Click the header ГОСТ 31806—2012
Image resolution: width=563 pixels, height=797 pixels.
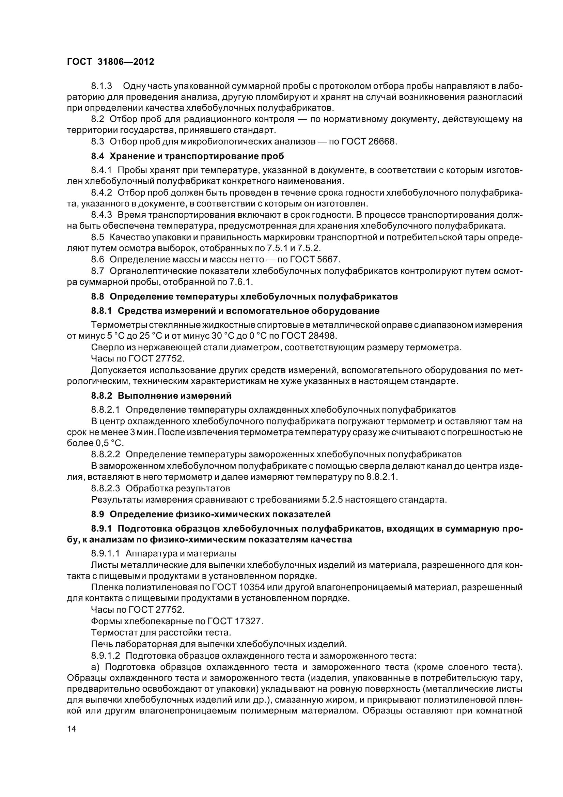110,62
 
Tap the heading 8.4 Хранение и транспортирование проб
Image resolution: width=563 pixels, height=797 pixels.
187,156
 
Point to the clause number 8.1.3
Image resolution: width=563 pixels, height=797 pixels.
101,86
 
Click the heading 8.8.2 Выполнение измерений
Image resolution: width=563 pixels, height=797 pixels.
161,395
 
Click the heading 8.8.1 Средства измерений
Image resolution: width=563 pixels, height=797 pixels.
235,311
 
